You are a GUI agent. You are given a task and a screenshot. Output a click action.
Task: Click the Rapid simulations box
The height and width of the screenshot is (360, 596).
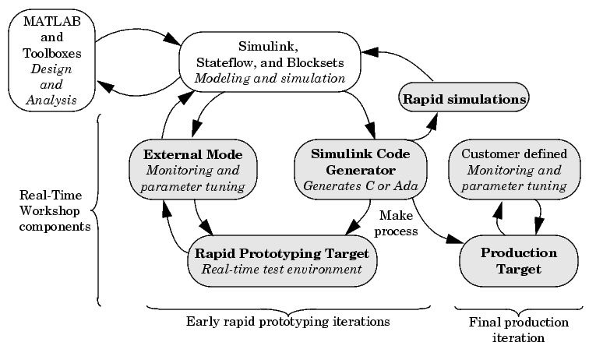(464, 97)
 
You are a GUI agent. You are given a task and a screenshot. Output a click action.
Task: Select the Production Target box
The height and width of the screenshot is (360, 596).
(518, 261)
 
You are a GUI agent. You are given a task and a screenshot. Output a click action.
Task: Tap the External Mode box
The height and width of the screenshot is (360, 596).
(193, 170)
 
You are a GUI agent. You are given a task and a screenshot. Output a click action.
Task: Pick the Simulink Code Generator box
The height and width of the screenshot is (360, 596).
(361, 170)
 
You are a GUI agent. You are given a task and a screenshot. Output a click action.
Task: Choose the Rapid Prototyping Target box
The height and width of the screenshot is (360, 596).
(282, 261)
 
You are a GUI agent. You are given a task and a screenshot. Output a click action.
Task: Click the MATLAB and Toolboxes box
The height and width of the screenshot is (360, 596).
(51, 61)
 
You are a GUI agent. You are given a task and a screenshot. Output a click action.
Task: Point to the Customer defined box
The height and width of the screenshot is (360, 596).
(514, 170)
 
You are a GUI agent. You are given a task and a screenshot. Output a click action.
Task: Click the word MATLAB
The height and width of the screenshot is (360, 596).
(52, 21)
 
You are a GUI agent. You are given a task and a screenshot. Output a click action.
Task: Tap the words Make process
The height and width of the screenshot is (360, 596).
(396, 223)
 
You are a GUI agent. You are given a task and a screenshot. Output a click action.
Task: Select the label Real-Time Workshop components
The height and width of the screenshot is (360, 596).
(55, 210)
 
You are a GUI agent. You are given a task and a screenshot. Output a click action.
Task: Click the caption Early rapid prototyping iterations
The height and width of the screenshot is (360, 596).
(287, 322)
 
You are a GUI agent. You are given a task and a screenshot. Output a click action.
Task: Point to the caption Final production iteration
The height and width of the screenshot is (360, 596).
(518, 330)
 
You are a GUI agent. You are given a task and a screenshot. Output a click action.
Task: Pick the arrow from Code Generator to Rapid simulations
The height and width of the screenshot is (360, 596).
(425, 132)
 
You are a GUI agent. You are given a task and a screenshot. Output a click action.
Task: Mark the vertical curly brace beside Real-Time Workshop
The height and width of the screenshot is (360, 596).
(97, 210)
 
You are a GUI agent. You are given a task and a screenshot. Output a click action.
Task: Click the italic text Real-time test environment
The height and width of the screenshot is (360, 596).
(282, 269)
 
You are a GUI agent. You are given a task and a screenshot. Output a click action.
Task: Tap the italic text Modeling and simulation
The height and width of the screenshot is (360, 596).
(270, 78)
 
